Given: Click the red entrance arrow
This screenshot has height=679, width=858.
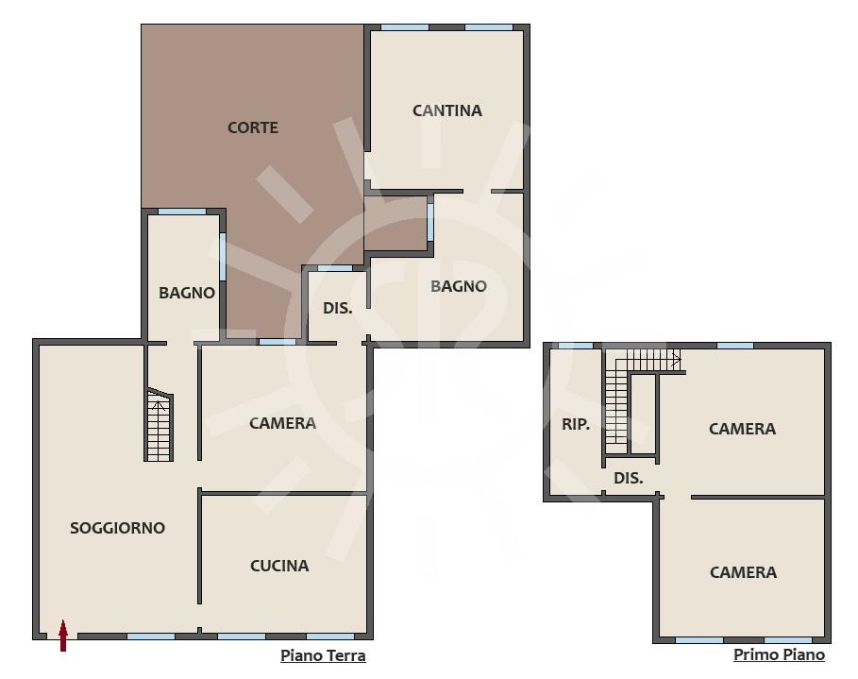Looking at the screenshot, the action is click(x=63, y=636).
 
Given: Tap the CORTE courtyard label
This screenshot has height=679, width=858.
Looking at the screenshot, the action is click(x=253, y=127).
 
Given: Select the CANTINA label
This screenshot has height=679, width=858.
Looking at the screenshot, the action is click(x=447, y=110).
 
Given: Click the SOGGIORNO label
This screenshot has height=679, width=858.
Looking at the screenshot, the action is click(x=118, y=528).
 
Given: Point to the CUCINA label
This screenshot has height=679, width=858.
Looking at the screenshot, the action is click(x=279, y=566).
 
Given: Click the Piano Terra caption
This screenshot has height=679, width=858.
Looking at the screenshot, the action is click(x=323, y=655).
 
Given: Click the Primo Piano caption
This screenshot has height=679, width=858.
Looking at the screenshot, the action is click(x=780, y=654).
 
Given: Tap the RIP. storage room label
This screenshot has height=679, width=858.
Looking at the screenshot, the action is click(x=576, y=424).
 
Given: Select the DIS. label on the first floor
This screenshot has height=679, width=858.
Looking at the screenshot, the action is click(x=629, y=478).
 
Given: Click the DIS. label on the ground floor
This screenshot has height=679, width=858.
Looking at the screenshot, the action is click(x=338, y=308).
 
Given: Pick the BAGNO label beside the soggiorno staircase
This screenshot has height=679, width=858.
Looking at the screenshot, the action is click(x=187, y=293).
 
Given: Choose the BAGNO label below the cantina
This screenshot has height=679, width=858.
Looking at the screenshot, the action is click(x=459, y=286).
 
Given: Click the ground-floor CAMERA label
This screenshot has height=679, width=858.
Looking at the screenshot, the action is click(x=283, y=423).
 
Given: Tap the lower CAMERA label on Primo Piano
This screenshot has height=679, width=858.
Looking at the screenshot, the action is click(x=743, y=572).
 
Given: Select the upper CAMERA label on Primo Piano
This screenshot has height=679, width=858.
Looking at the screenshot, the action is click(x=743, y=429).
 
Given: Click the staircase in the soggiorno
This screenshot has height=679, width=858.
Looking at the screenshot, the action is click(x=160, y=424).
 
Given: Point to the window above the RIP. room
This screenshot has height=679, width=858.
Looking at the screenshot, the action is click(x=575, y=346).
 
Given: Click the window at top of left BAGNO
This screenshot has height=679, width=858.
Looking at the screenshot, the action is click(x=181, y=212).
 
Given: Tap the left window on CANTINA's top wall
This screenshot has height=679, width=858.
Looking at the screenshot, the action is click(x=405, y=27).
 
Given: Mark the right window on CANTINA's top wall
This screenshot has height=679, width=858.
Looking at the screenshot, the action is click(x=489, y=27).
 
